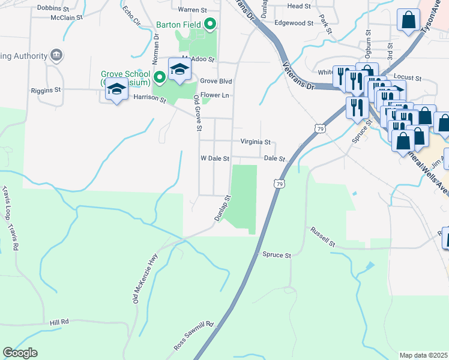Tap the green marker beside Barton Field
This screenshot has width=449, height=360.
point(209,25)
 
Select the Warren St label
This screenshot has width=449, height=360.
point(192,10)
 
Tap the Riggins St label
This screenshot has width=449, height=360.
point(46,90)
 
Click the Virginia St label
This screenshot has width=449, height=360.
point(256,142)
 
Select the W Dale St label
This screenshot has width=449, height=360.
point(215,159)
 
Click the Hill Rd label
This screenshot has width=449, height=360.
point(59,322)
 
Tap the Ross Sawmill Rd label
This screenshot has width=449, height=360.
point(194,336)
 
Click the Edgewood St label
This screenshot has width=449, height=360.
point(294,23)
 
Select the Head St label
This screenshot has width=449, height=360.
point(299,6)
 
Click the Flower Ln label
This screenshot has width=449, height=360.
point(215,95)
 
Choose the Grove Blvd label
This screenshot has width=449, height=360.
point(216,80)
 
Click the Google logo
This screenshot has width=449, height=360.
point(20,353)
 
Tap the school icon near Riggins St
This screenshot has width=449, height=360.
point(116,90)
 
